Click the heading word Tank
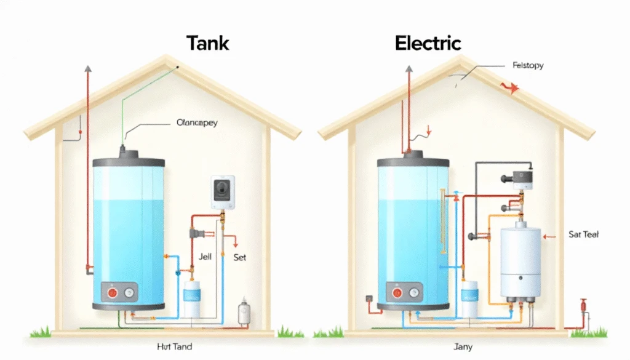click(x=207, y=43)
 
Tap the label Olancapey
click(x=196, y=122)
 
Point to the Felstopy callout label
click(x=527, y=65)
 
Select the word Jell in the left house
click(x=205, y=257)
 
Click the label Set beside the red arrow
click(x=240, y=257)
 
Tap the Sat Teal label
click(x=584, y=234)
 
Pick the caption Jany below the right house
click(x=462, y=347)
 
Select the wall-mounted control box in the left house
click(x=222, y=193)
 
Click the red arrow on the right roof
click(x=511, y=88)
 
